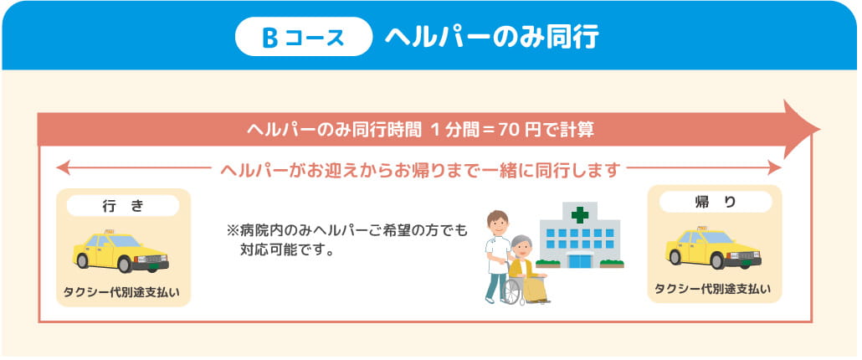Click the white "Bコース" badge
[303, 38]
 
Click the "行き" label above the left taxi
[123, 204]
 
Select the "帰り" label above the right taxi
[715, 202]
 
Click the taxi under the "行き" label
[121, 250]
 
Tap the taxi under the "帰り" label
[713, 248]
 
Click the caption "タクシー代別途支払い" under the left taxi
[123, 293]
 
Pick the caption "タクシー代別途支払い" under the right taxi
[713, 290]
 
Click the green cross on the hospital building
[580, 214]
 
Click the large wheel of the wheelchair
[512, 290]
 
